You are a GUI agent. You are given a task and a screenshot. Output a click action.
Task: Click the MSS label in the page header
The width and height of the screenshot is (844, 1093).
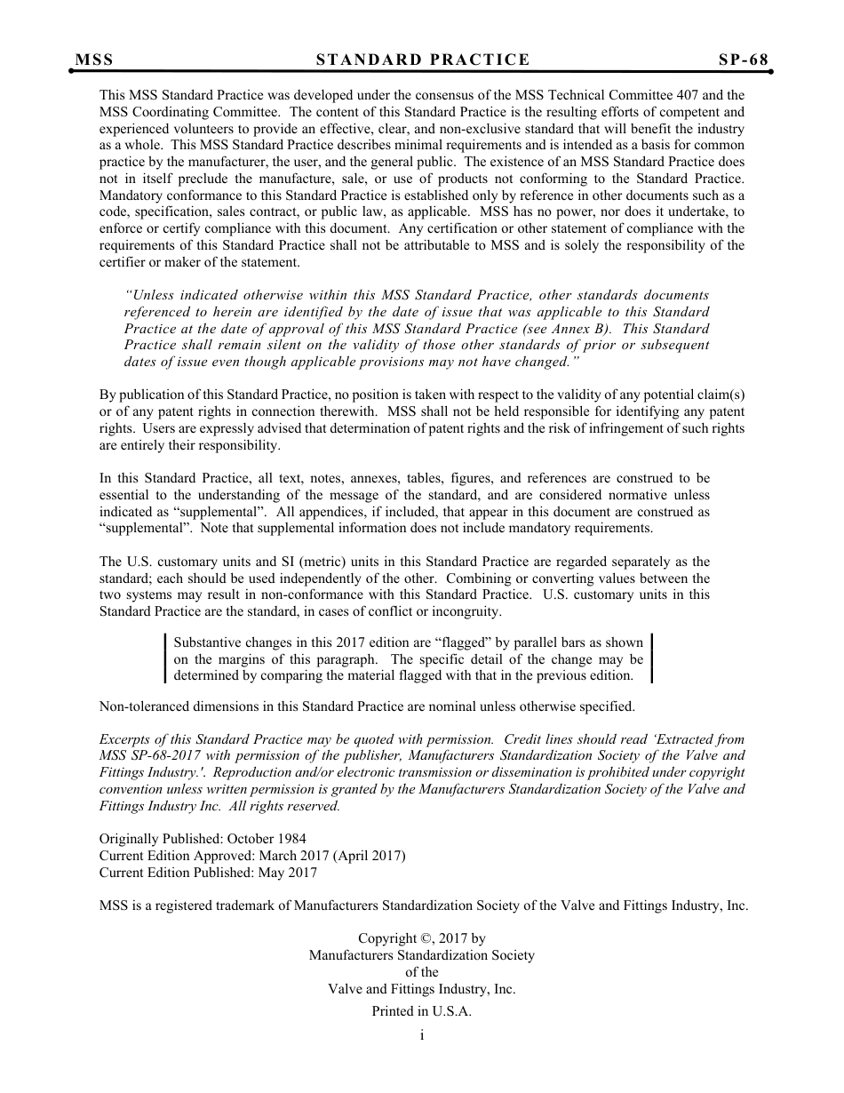[x=94, y=60]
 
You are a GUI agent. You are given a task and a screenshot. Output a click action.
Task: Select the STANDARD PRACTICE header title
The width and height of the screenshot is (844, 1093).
[x=423, y=60]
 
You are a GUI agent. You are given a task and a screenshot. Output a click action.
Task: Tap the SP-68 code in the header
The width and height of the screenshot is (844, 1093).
[x=744, y=60]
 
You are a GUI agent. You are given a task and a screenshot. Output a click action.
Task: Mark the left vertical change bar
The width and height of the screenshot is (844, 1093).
[x=166, y=658]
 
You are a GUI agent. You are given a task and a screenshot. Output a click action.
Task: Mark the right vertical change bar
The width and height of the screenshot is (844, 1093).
[x=652, y=658]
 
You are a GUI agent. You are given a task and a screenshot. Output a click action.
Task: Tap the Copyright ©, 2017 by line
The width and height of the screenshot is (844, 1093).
[x=422, y=938]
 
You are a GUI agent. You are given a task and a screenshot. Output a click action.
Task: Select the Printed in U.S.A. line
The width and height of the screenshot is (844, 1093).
[x=422, y=1011]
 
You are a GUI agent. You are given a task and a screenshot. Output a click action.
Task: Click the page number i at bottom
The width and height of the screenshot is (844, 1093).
[x=422, y=1035]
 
